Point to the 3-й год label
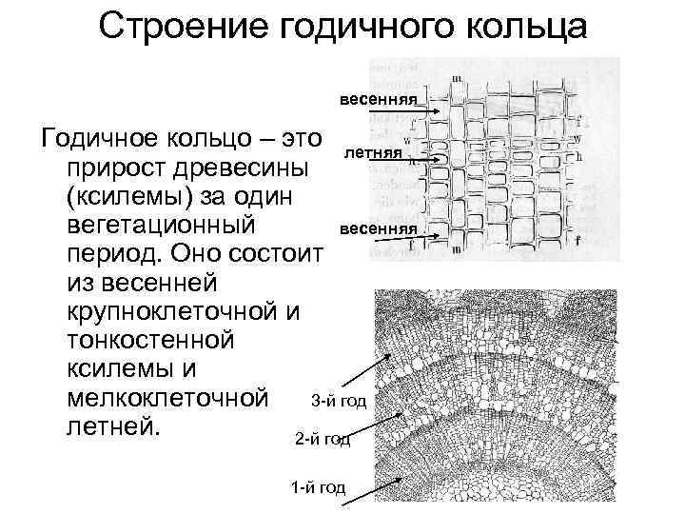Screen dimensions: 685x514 click(339, 401)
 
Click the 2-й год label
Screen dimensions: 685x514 click(323, 440)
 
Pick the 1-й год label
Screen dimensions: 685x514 click(318, 489)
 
